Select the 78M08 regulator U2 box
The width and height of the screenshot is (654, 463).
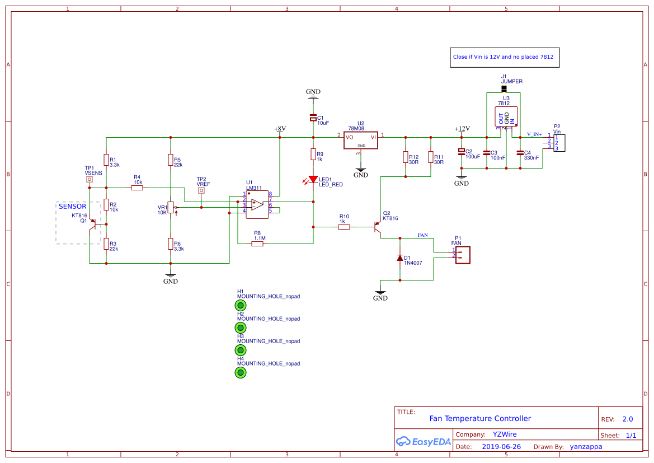(x=361, y=141)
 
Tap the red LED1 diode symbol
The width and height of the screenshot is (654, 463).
(x=313, y=180)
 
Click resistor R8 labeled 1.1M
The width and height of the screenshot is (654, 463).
(x=257, y=244)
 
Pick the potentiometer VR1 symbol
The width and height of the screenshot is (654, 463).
(x=171, y=208)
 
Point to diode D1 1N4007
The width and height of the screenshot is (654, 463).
(x=400, y=258)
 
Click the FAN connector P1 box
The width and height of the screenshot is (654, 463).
(x=463, y=255)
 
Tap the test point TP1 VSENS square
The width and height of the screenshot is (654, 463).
(x=89, y=180)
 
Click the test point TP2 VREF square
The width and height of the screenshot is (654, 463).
(x=201, y=190)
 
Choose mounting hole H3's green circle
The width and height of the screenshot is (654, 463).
(x=241, y=350)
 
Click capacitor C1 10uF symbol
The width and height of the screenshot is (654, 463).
(x=313, y=118)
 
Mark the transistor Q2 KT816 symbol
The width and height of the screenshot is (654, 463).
(x=378, y=227)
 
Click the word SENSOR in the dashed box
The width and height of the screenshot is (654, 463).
(x=73, y=207)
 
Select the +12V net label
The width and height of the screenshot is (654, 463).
(x=462, y=129)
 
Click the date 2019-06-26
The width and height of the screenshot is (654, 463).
(x=501, y=447)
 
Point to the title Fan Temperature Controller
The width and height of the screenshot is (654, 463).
(x=480, y=418)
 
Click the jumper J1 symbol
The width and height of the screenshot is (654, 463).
(x=504, y=88)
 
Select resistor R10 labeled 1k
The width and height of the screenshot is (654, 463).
(x=344, y=227)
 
